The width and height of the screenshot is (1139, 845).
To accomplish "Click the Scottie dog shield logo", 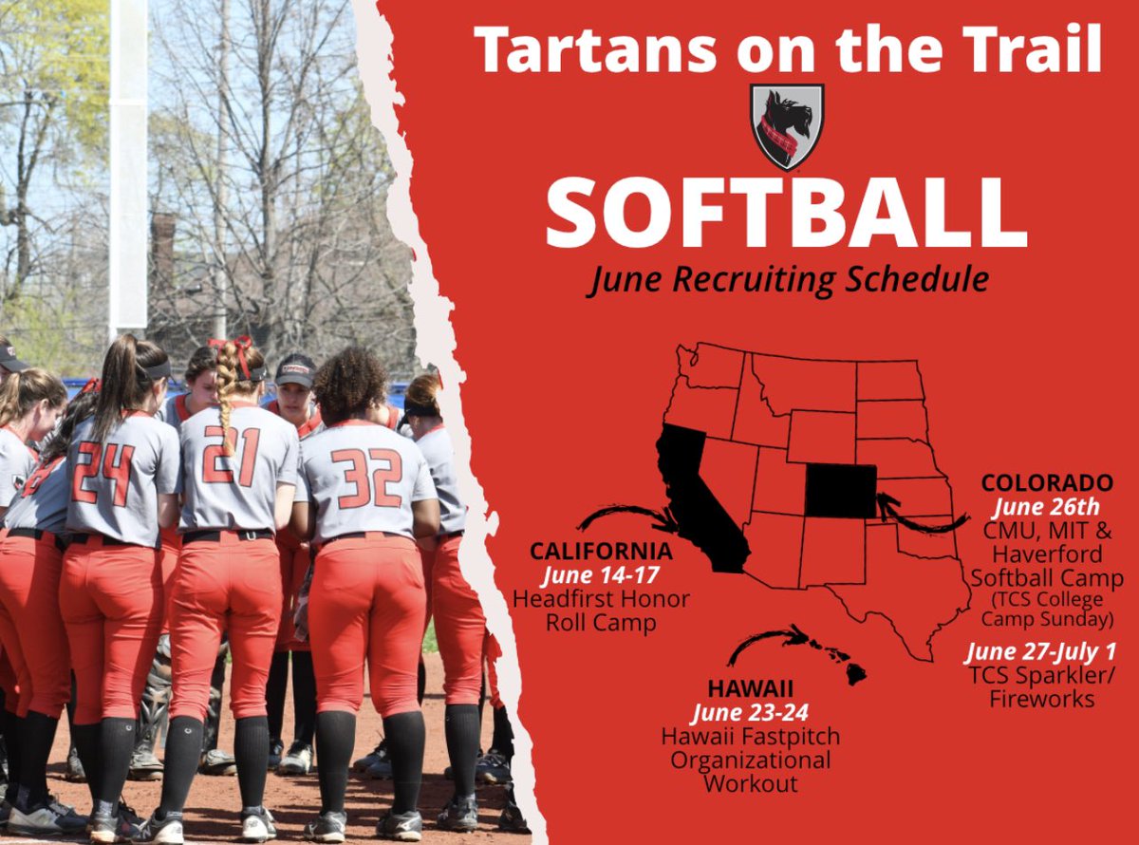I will click(x=787, y=126).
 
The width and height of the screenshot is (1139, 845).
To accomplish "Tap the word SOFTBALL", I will click(x=786, y=213).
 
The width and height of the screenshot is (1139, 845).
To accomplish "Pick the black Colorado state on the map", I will click(x=841, y=491).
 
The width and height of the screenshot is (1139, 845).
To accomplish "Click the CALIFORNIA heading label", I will click(x=601, y=552).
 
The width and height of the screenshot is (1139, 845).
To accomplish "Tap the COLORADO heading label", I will click(x=1047, y=483).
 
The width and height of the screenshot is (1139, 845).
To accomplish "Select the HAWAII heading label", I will click(x=750, y=688).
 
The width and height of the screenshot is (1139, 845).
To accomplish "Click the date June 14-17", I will click(x=601, y=575).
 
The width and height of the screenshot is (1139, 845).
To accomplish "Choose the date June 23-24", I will click(x=750, y=712).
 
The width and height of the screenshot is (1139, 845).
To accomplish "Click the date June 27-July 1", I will click(x=1040, y=653).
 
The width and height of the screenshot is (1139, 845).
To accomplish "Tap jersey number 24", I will click(x=104, y=473).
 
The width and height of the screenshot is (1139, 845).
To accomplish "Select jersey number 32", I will click(x=367, y=478).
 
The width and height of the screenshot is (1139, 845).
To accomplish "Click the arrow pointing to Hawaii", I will click(x=764, y=643).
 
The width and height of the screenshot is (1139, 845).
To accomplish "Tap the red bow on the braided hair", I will click(x=230, y=349).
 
